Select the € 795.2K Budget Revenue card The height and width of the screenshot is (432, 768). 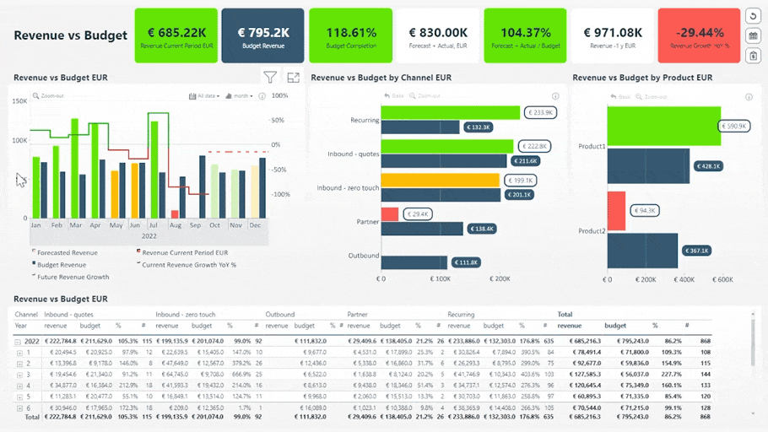point(262,35)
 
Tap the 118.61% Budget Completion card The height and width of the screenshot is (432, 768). point(350,35)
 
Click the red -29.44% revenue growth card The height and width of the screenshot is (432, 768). point(698,35)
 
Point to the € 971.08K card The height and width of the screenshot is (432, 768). point(613,35)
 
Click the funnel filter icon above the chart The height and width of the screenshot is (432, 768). point(270,78)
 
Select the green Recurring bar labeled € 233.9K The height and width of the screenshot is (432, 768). point(451,112)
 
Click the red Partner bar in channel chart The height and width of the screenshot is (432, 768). point(390,214)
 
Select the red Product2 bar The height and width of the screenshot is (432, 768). point(616,210)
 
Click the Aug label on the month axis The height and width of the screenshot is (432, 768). point(175,226)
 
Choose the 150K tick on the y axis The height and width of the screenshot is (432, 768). point(19,100)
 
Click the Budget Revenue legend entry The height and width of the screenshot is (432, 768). point(61,265)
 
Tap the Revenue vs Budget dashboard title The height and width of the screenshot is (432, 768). point(70,35)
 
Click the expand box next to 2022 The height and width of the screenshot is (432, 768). point(19,341)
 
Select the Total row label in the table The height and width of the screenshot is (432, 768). point(32,417)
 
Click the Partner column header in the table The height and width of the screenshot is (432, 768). point(359,315)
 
